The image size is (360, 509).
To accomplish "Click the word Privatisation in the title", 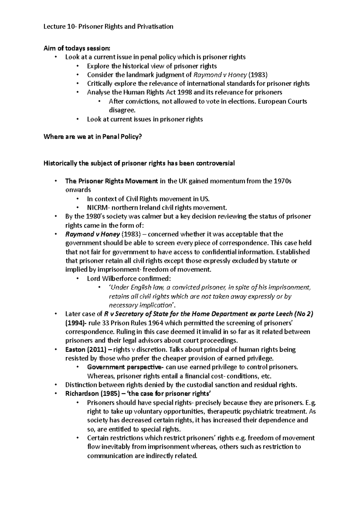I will pos(155,26).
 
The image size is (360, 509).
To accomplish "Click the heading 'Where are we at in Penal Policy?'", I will pos(93,137).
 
